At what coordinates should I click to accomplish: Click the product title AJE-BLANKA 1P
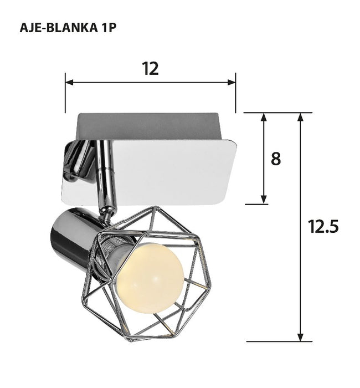pyautogui.click(x=68, y=28)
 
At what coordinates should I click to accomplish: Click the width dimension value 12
pyautogui.click(x=150, y=69)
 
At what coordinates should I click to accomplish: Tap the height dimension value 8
pyautogui.click(x=275, y=159)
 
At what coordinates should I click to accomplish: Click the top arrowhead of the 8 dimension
pyautogui.click(x=264, y=117)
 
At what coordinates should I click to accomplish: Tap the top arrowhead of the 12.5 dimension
pyautogui.click(x=301, y=117)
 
